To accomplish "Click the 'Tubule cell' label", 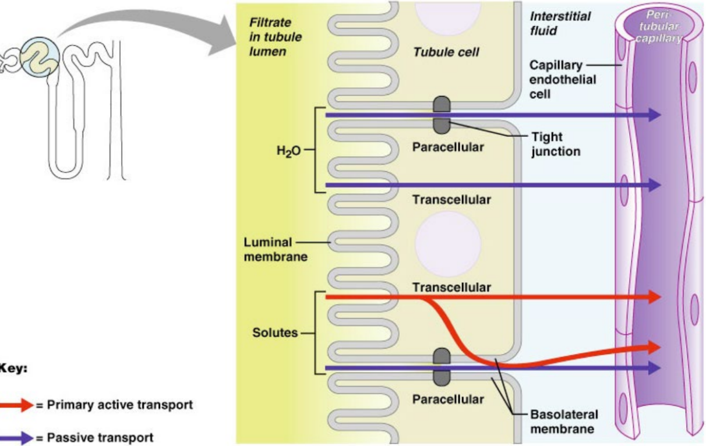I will pyautogui.click(x=446, y=52).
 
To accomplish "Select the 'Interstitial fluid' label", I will pyautogui.click(x=560, y=23).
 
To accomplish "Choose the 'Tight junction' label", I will pyautogui.click(x=556, y=144).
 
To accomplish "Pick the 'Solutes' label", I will pyautogui.click(x=274, y=334).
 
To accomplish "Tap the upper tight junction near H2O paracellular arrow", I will pyautogui.click(x=441, y=115).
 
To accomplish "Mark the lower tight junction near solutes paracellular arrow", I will pyautogui.click(x=442, y=367).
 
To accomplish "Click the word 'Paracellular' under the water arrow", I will pyautogui.click(x=448, y=147).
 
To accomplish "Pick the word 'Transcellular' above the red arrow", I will pyautogui.click(x=451, y=288).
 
